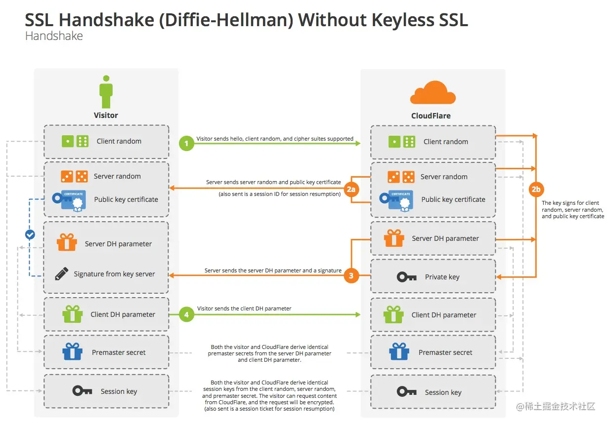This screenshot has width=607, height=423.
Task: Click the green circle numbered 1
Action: [186, 144]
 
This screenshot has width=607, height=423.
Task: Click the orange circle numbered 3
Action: [351, 276]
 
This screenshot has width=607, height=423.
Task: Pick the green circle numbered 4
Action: [186, 314]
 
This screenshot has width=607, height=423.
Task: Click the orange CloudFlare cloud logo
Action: [433, 93]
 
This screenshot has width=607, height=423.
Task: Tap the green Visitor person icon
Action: [106, 92]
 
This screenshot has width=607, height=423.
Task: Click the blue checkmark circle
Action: [30, 234]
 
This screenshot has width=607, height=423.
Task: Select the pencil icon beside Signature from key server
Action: [61, 273]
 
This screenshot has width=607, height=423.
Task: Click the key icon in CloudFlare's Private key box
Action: [407, 277]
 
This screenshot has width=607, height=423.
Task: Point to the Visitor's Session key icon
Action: [82, 391]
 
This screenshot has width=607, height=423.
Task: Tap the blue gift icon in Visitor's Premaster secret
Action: [72, 352]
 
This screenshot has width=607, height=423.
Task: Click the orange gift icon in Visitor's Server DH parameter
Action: [67, 243]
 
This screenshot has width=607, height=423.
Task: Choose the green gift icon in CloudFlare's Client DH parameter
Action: [393, 314]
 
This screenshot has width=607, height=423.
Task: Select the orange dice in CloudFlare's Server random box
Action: [401, 176]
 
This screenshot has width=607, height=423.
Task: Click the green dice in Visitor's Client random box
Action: [75, 141]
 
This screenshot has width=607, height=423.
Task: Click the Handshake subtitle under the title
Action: [54, 36]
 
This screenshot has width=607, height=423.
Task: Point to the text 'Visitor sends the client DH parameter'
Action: [244, 308]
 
